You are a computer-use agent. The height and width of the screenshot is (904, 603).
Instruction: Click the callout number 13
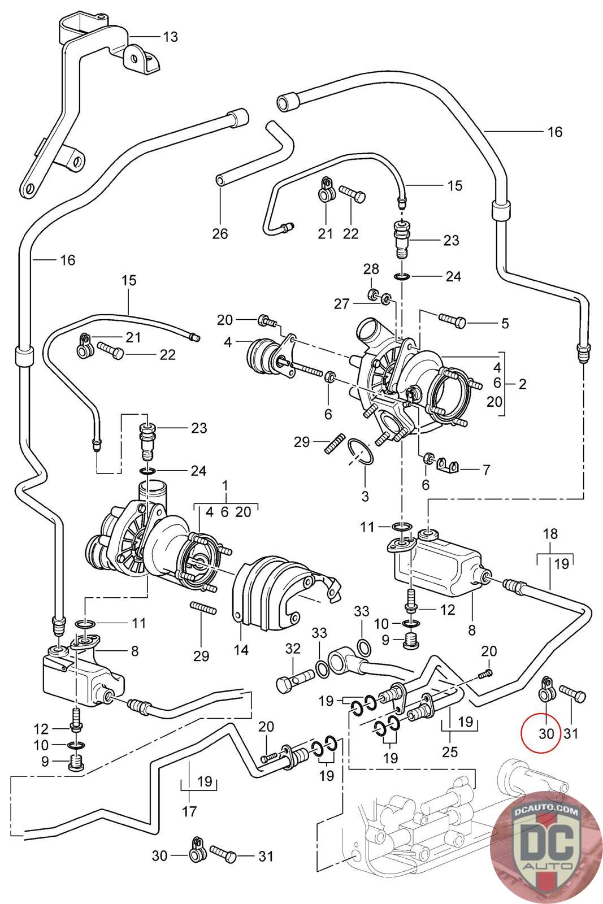(170, 37)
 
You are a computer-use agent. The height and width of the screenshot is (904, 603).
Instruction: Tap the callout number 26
(220, 233)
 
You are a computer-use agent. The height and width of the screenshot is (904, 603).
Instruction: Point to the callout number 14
(241, 650)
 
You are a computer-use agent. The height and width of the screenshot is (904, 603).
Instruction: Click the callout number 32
(293, 649)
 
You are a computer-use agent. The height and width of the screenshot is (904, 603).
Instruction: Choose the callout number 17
(189, 811)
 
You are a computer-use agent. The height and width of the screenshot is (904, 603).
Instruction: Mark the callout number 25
(450, 752)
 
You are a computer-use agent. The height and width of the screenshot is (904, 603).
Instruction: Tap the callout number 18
(550, 534)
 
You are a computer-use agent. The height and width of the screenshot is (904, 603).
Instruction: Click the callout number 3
(365, 496)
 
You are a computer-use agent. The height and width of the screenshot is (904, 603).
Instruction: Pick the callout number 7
(485, 470)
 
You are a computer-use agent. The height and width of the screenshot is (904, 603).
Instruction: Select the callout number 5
(504, 323)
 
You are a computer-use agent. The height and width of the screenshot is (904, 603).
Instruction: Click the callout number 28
(371, 268)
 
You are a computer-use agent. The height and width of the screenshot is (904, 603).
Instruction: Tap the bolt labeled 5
(450, 321)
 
